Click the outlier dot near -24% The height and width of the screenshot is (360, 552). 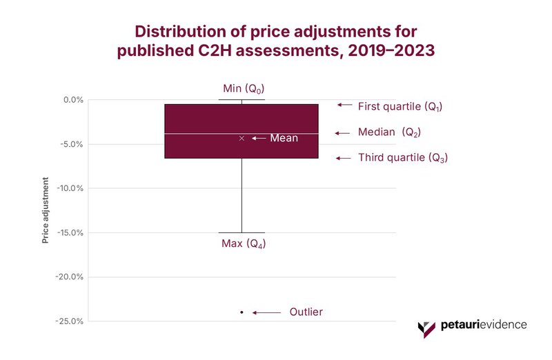[x=241, y=312]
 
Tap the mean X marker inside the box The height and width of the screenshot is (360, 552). [x=241, y=138]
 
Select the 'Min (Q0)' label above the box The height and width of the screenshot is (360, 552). [x=244, y=89]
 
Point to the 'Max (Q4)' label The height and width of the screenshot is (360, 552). [x=244, y=244]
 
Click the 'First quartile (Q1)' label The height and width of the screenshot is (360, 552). [x=400, y=107]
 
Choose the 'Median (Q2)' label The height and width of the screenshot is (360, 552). [x=389, y=132]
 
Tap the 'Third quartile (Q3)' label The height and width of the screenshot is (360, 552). [x=403, y=158]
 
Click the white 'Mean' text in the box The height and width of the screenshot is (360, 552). [x=284, y=138]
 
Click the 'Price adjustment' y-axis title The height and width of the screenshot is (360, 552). [x=46, y=210]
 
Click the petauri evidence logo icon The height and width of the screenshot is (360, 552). [x=427, y=327]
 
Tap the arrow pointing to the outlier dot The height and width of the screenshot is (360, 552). [x=266, y=312]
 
